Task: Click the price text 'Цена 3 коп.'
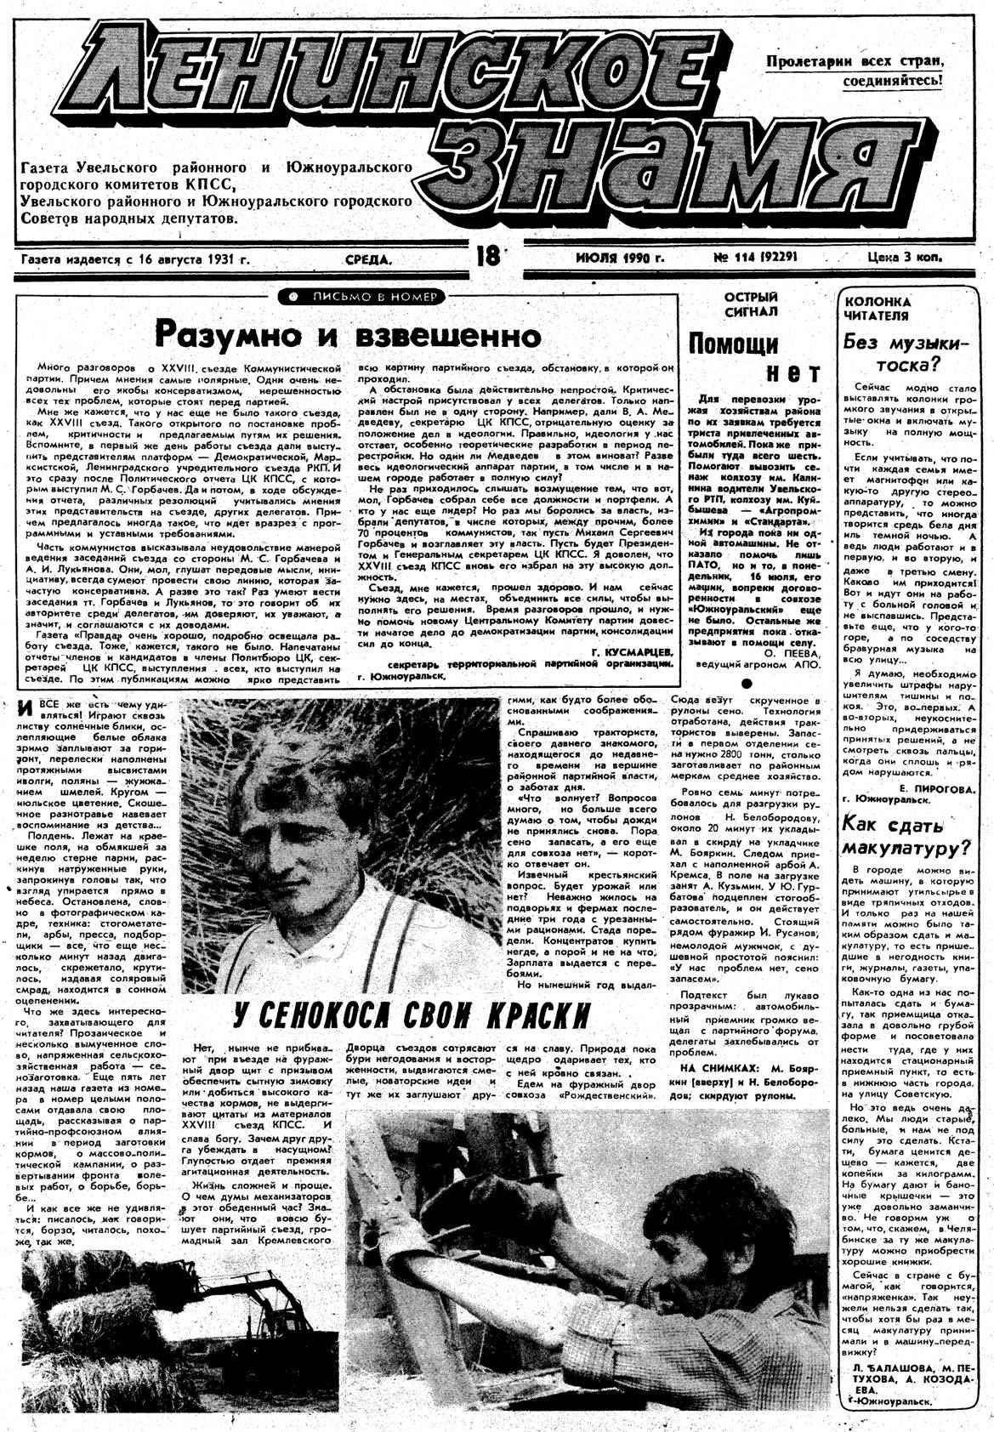coord(905,256)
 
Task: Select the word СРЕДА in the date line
coord(370,259)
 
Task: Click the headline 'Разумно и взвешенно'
coord(349,333)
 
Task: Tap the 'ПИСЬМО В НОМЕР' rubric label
coord(362,297)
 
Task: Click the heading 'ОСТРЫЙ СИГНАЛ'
coord(751,304)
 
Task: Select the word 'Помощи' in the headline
coord(733,344)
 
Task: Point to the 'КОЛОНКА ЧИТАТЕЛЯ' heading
coord(877,309)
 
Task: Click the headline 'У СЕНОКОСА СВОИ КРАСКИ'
coord(412,1014)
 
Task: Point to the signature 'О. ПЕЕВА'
coord(792,653)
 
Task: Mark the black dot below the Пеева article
coord(747,681)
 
